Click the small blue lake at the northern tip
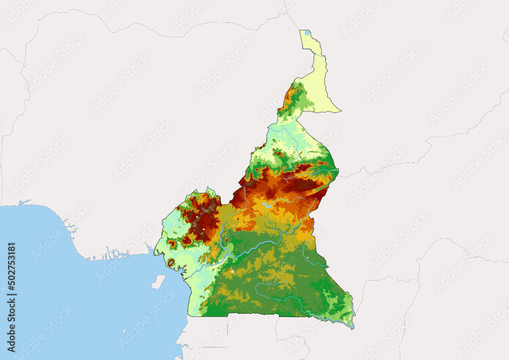tap(307, 33)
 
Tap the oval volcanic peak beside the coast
tap(172, 263)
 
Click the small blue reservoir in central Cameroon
tap(266, 205)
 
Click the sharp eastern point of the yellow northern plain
tap(340, 110)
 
